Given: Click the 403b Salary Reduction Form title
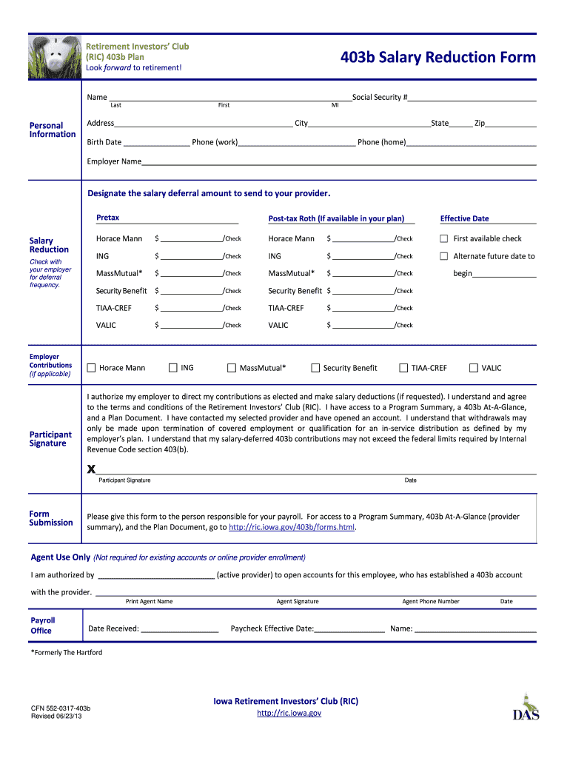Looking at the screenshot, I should pos(437,58).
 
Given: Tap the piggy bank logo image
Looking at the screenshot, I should pos(54,57).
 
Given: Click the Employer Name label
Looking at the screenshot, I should pos(114,161).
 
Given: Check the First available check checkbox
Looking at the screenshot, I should pos(444,238).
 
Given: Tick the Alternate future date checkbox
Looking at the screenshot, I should pos(444,256).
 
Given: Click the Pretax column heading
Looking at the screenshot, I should pos(108,218).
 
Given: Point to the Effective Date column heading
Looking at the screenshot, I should pos(464,218).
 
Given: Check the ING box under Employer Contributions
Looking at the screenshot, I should pos(173,367).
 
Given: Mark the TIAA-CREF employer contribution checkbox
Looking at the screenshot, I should pos(404,368).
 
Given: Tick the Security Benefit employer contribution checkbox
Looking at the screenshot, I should pos(315,368).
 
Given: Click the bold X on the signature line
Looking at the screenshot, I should pos(92,469).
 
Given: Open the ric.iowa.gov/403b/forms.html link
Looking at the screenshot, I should pos(292,528).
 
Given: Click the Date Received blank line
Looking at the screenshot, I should pos(179,630).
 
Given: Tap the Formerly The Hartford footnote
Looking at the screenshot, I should pos(67,653).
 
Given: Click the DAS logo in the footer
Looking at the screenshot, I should pos(526,708).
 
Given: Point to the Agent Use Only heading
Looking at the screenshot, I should pos(61,557).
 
